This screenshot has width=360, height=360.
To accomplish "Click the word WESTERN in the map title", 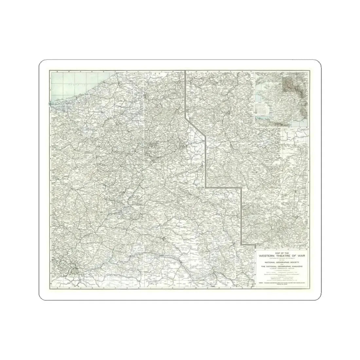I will click(x=267, y=256).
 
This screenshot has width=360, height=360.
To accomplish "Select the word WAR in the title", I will click(x=301, y=256).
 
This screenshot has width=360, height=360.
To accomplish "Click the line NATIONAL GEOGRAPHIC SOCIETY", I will click(x=282, y=262).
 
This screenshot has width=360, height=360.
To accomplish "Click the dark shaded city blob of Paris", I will click(x=76, y=270).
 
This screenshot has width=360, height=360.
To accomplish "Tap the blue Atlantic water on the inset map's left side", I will click(x=259, y=98).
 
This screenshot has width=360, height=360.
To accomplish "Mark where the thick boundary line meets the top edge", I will click(x=186, y=70).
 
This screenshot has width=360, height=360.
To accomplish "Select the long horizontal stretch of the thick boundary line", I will click(x=224, y=187).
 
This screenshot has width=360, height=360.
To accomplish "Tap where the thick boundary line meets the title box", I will click(x=249, y=244).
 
